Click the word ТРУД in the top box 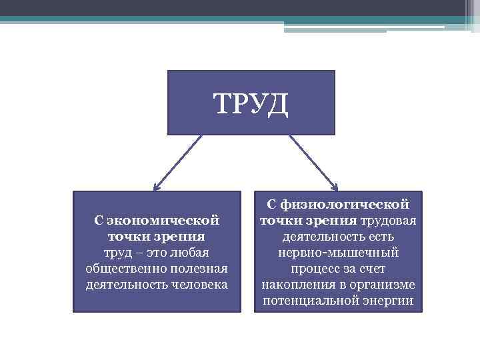coord(251,104)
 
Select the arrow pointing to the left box coord(177,163)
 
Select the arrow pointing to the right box coord(313,163)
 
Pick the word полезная coord(198,268)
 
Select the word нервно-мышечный coord(339,253)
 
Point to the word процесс coord(315,269)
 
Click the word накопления coord(293,285)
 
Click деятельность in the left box coord(120,284)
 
